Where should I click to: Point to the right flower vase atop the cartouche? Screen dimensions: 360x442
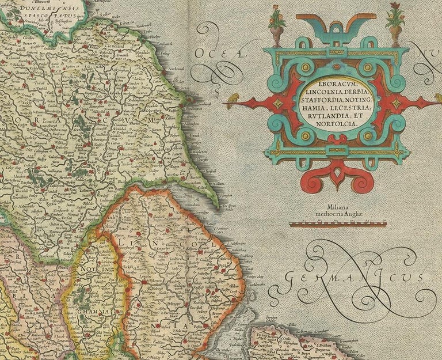click(x=395, y=27)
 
